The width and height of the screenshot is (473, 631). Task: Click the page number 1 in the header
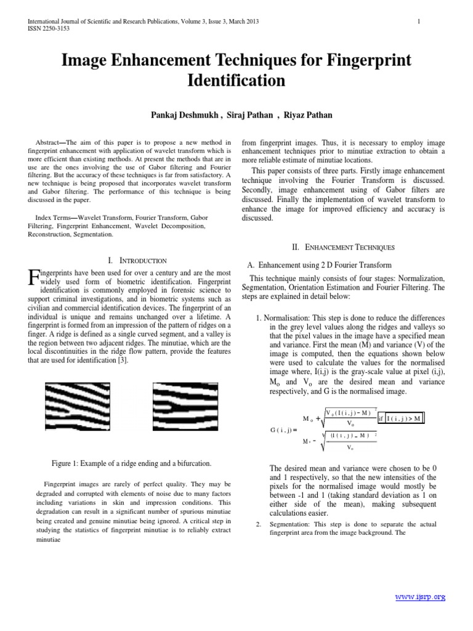[419, 22]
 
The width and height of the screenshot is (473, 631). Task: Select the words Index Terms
[52, 218]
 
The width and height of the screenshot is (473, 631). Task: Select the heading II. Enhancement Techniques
[344, 247]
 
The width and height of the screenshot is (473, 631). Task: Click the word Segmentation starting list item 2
[291, 524]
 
